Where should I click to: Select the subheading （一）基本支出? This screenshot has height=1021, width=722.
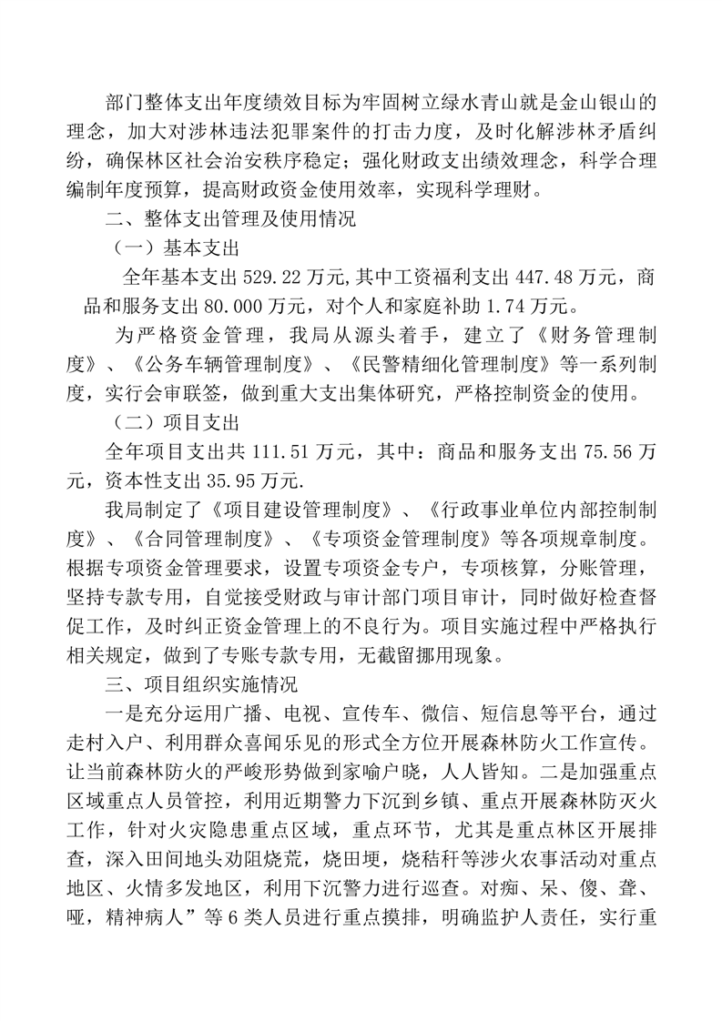pyautogui.click(x=175, y=248)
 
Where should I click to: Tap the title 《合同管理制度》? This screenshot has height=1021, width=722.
pyautogui.click(x=197, y=533)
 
